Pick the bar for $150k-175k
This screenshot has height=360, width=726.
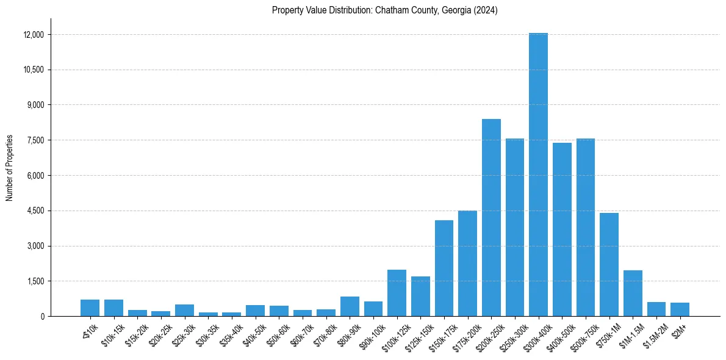[444, 268]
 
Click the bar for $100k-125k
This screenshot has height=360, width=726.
[397, 293]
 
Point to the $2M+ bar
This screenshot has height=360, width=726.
[680, 309]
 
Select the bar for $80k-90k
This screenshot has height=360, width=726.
[350, 306]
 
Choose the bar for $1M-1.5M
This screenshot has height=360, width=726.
[633, 293]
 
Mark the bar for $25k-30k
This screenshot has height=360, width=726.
[184, 310]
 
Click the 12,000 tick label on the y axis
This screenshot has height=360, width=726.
[33, 35]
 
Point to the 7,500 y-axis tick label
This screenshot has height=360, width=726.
[35, 140]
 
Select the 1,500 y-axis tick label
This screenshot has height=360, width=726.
[35, 281]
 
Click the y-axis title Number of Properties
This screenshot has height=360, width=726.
[10, 168]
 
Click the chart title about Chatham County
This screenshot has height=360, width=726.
[385, 10]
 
